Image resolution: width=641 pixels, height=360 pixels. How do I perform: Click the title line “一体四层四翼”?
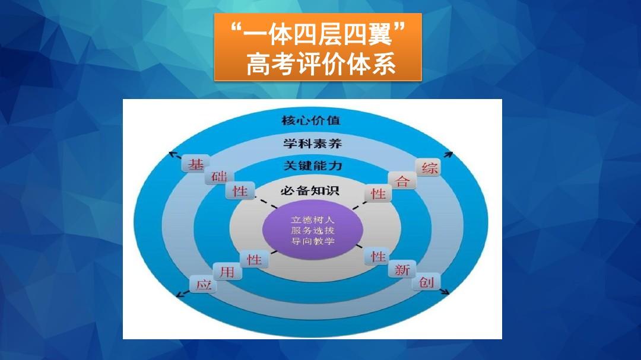pos(318,33)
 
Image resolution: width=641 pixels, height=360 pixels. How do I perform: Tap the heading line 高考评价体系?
pos(321,64)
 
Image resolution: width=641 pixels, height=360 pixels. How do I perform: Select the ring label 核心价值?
pos(310,120)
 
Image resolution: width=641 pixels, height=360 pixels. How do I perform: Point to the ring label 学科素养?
pos(312,144)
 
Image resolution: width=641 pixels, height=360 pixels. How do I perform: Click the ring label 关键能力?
pos(313,165)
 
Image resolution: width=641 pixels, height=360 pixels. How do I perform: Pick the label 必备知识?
pos(310,190)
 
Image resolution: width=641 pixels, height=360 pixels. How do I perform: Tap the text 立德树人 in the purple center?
pos(312,220)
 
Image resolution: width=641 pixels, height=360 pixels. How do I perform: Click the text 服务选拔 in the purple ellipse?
pos(312,231)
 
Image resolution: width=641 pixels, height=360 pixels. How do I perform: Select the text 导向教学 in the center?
pos(312,241)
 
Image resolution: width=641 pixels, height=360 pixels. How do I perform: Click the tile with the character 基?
pos(195,164)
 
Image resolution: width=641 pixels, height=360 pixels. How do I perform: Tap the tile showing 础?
pos(219,177)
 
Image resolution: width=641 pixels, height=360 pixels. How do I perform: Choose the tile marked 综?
pos(429,167)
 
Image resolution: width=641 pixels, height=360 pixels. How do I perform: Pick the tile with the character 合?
pos(402,181)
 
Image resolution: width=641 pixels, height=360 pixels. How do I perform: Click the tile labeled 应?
pos(203,284)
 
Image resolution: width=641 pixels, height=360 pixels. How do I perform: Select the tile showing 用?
pos(227,272)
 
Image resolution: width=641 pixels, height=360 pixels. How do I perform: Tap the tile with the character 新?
pos(402,270)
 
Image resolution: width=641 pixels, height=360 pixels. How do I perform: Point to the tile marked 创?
pos(426,282)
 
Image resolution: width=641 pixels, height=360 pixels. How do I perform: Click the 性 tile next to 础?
pos(240,191)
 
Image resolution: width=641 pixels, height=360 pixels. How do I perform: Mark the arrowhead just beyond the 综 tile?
pos(449,154)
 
